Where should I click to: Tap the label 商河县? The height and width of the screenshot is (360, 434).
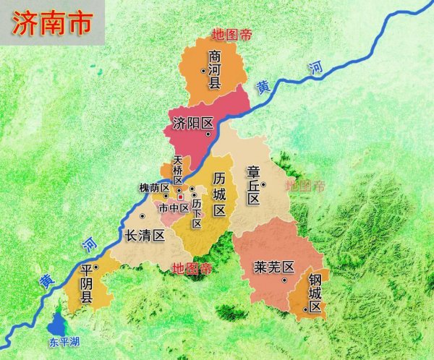tap(215, 69)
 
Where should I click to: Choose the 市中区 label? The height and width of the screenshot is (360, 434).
tap(174, 207)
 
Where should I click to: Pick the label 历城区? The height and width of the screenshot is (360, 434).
tap(220, 193)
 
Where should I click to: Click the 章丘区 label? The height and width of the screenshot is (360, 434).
tap(253, 185)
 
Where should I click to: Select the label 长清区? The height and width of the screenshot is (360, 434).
tap(146, 235)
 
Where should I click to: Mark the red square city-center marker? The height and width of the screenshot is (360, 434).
tap(180, 197)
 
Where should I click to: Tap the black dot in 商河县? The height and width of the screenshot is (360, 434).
tap(204, 70)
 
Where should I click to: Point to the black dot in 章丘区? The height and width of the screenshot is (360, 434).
tap(263, 184)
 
